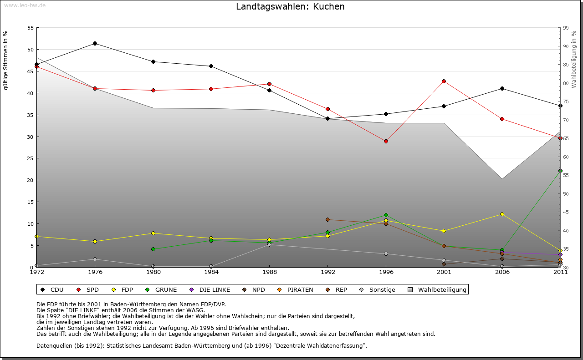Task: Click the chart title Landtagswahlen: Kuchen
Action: click(290, 7)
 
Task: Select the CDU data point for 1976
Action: click(95, 43)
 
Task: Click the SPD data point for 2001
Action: click(444, 81)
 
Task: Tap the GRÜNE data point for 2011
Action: click(560, 171)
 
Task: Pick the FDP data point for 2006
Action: click(502, 214)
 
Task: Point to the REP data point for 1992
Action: click(327, 219)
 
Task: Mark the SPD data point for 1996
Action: click(386, 141)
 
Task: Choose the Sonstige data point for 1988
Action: click(269, 244)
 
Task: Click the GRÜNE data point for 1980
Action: click(153, 249)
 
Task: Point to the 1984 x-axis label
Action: click(211, 272)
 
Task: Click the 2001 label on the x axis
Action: click(444, 272)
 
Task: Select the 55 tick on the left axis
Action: click(31, 28)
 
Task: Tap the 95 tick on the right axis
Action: click(566, 28)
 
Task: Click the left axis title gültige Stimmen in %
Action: click(6, 60)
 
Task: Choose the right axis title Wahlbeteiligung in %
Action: click(574, 59)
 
